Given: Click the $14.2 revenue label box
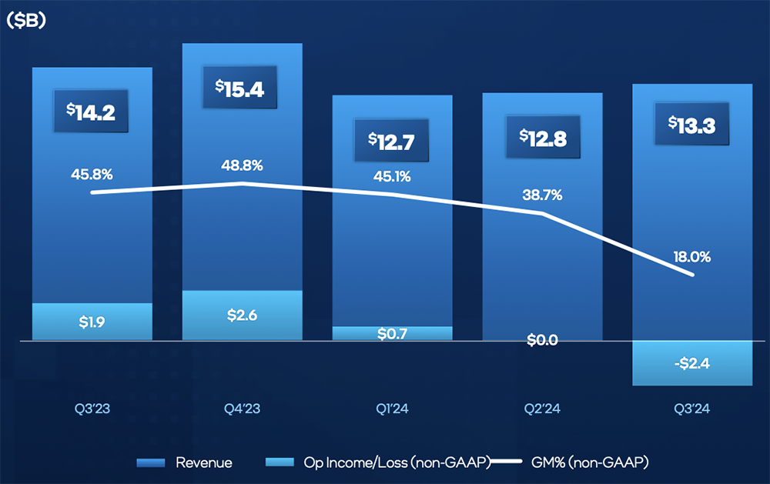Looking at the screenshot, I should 92,112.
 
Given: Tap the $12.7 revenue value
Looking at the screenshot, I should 392,141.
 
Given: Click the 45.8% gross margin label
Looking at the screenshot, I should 92,173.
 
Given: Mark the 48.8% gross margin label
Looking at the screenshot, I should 242,165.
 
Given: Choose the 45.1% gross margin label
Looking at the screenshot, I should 392,176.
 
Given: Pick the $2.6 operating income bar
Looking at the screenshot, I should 242,315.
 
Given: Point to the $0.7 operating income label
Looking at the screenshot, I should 392,333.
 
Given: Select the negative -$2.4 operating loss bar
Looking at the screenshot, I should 692,362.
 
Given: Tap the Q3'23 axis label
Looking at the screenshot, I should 92,409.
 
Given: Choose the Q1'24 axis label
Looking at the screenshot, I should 392,409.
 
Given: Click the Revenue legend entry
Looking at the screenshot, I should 185,462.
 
